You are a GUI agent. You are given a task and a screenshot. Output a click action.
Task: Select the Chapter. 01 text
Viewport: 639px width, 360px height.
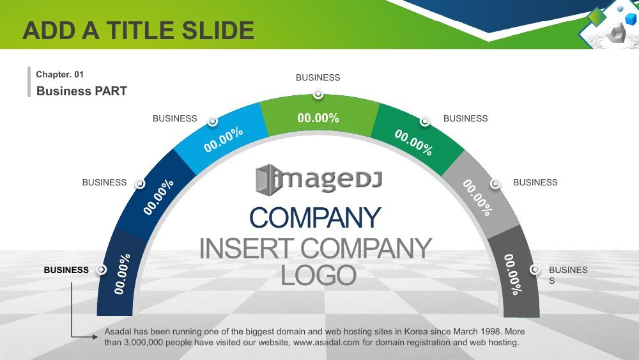coord(60,74)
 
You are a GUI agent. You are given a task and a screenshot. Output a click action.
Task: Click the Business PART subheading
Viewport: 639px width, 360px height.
coord(82,91)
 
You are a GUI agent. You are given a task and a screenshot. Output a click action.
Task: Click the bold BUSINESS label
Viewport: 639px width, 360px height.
coord(66,270)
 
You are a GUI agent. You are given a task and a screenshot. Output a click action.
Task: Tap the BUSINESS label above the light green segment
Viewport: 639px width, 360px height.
coord(318,77)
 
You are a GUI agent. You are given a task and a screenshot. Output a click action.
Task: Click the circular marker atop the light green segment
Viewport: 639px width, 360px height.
coord(318,94)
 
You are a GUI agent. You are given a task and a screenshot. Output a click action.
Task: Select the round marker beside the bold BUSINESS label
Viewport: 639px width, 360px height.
coord(102,269)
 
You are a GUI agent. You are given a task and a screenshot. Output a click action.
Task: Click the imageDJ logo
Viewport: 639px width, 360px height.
coord(319,180)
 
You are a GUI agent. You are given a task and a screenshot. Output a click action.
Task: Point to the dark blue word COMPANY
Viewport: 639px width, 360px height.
coord(315,217)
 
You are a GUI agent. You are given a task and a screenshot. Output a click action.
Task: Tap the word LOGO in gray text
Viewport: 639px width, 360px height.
coord(318,275)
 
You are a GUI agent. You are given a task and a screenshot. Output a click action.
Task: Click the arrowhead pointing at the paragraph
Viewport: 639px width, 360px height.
coord(95,337)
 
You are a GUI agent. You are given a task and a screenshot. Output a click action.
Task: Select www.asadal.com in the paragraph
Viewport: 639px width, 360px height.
coord(327,343)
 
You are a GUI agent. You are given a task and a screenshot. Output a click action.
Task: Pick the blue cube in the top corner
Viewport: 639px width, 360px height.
coord(631,19)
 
